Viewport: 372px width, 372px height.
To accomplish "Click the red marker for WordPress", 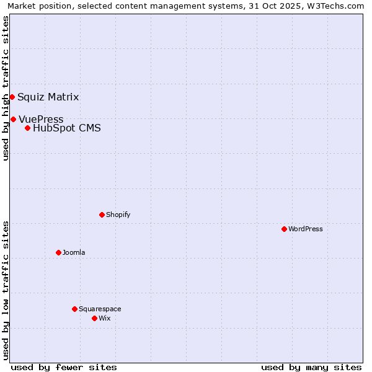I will point(284,229).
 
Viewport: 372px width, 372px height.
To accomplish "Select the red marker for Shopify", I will point(102,215).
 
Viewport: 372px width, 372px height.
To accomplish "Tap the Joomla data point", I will point(58,252).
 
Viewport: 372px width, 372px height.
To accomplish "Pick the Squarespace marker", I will point(74,309).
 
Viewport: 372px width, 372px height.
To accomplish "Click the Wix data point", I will point(94,318).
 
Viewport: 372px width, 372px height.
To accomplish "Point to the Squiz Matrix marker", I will point(12,97).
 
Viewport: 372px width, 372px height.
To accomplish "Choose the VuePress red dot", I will point(13,119).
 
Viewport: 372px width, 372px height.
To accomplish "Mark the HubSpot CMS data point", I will point(27,128).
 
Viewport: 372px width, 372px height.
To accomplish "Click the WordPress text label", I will point(305,229).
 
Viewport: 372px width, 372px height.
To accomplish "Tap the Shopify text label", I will point(118,215).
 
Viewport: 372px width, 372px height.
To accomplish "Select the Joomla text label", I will point(74,252).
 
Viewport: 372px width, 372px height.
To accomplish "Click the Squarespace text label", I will point(100,309).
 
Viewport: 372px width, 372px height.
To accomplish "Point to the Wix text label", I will point(104,318).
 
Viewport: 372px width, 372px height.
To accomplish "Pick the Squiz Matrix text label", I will point(48,97).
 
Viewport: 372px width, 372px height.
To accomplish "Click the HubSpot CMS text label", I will point(66,128).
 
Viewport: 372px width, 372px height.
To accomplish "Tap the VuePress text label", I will point(41,119).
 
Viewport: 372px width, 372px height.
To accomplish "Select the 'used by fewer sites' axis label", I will point(64,367).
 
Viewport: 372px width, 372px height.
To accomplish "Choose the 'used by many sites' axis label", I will point(311,367).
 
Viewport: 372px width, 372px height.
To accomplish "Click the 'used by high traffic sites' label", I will point(6,88).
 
